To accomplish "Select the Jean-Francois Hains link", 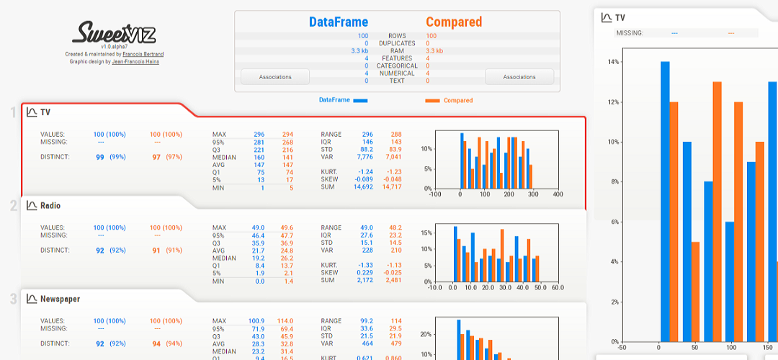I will coord(135,61).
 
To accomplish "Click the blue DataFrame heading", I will coord(338,22).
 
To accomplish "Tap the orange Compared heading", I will coord(454,22).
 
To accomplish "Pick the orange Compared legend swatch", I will coord(433,101).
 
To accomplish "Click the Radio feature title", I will coord(50,206).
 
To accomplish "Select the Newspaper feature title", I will coord(60,299).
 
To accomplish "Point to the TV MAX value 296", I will coord(259,135).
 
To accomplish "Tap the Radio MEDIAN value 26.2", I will coord(287,258).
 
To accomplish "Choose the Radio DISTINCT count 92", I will coord(100,251).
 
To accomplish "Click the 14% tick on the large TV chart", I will coord(614,62).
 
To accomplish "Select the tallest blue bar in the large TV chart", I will coord(665,202).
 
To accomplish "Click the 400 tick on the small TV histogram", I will coord(558,194).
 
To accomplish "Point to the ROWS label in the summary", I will coord(397,36).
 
